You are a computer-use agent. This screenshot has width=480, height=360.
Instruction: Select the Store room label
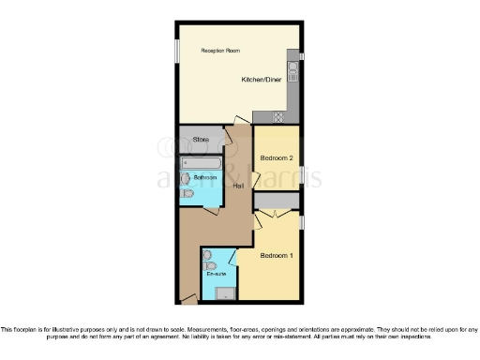point(199,140)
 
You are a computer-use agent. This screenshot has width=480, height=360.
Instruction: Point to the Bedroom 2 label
point(277,158)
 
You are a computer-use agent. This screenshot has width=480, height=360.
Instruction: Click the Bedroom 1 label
point(277,256)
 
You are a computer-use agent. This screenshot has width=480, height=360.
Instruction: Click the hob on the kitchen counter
point(277,116)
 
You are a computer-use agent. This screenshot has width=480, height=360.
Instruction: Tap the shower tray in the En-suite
point(224,293)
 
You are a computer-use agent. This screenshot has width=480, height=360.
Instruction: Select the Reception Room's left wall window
point(175,51)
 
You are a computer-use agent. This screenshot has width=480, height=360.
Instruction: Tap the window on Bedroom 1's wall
point(302,221)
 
